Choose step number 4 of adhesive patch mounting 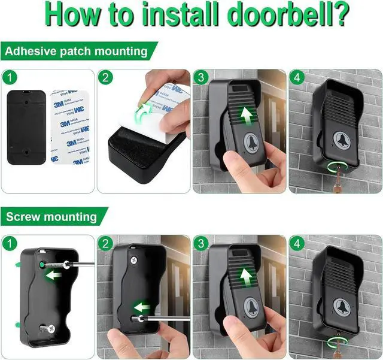[x=297, y=77]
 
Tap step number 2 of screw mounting [x=105, y=243]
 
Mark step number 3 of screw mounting [x=200, y=243]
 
